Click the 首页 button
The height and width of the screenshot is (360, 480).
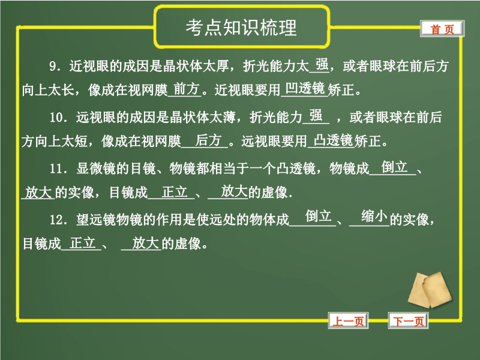tap(442, 29)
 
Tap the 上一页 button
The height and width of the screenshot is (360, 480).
tap(349, 321)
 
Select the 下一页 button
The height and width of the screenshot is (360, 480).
tap(409, 321)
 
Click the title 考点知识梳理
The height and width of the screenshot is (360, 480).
tap(241, 28)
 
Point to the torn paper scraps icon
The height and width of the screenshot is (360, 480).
tap(430, 290)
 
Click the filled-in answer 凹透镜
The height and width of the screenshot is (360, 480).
tap(305, 88)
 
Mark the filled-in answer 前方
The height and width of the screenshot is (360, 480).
tap(187, 89)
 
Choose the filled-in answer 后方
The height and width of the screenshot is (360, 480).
tap(208, 140)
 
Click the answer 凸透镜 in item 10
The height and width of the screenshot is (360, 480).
tap(334, 140)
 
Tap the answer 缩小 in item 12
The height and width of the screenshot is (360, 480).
tap(374, 217)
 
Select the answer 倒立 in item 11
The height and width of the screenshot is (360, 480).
tap(394, 167)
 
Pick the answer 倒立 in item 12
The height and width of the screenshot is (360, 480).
tap(319, 217)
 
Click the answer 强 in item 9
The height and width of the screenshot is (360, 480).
tap(322, 65)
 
